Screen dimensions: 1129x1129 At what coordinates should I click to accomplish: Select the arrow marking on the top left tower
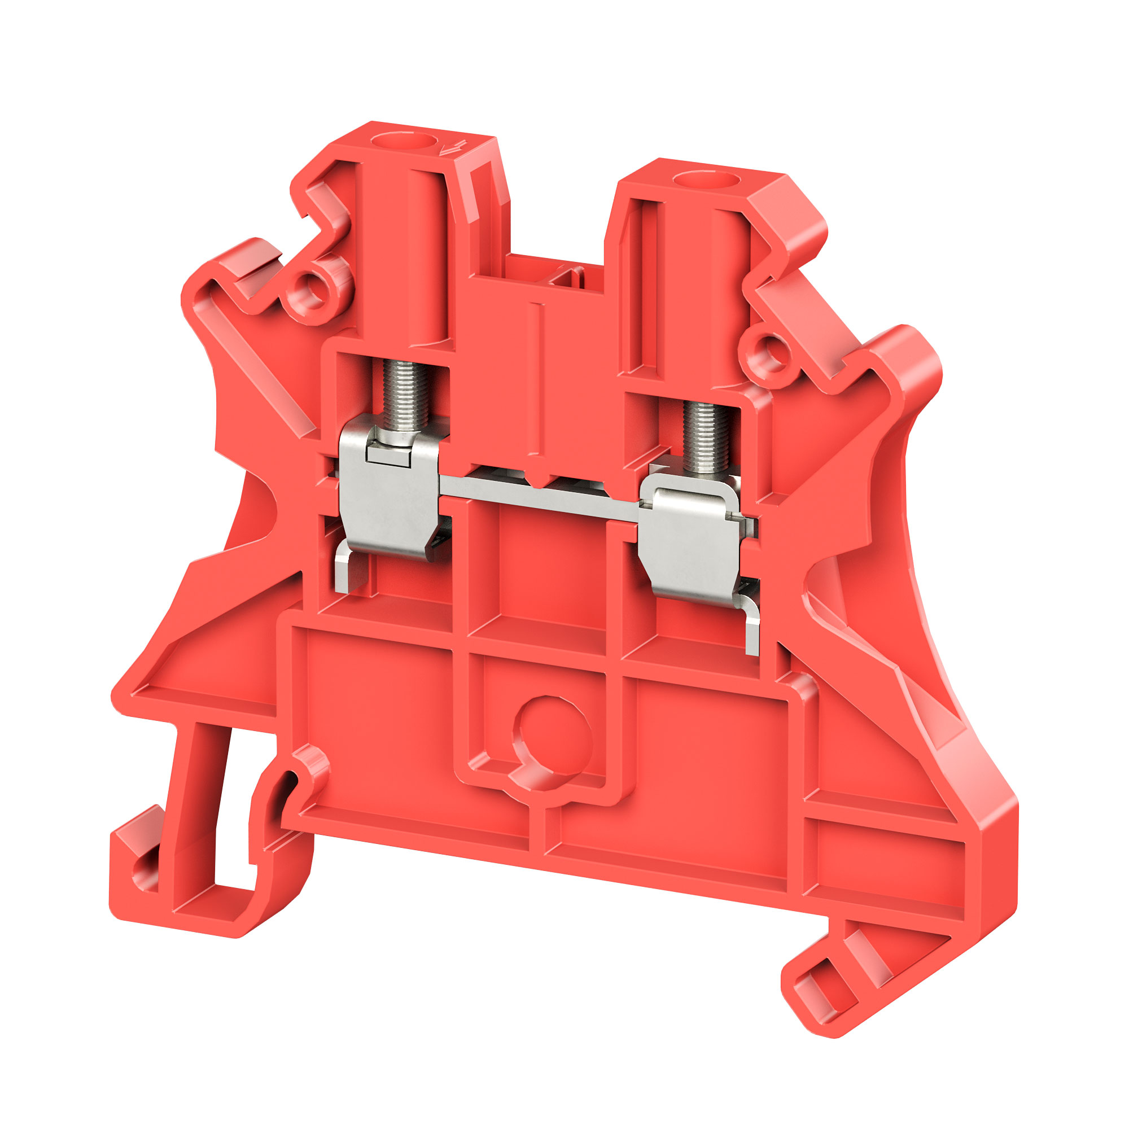pos(453,147)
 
